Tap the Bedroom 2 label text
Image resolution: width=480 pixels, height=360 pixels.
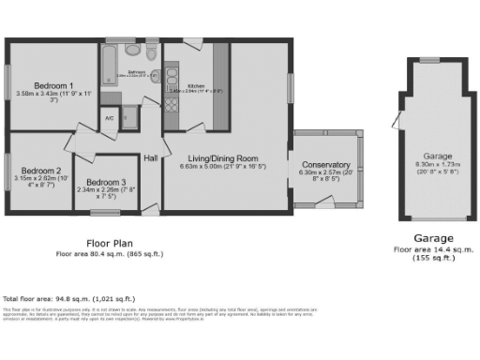40,171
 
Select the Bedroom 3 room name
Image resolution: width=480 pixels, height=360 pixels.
105,182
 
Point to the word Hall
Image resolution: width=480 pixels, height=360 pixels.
150,158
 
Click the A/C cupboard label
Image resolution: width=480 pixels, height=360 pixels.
109,118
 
